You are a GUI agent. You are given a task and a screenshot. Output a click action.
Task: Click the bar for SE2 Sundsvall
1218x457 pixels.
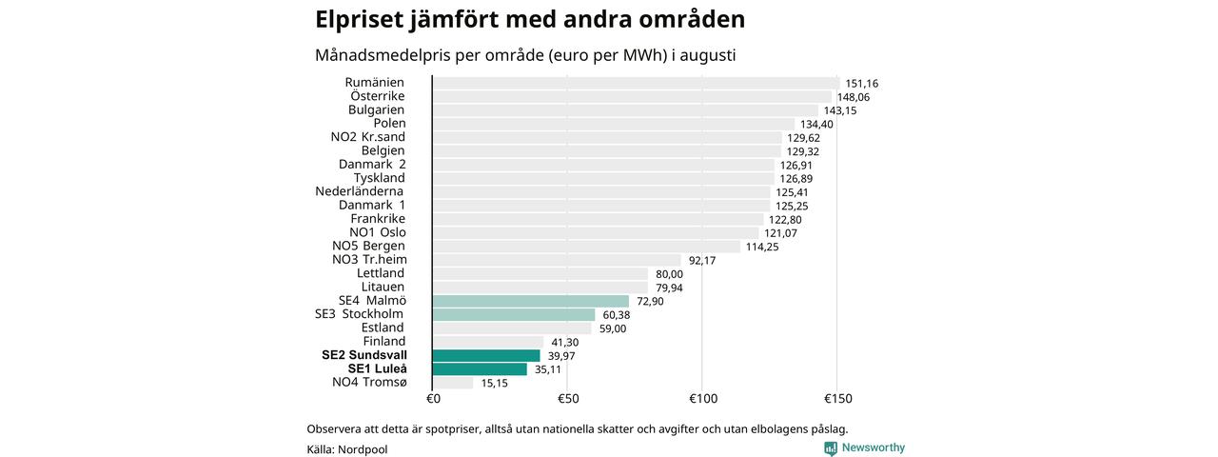[x=486, y=356]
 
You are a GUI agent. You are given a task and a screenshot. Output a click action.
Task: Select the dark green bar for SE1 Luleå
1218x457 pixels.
[x=480, y=369]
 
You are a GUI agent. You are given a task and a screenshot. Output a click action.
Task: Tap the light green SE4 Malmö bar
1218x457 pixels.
[x=531, y=302]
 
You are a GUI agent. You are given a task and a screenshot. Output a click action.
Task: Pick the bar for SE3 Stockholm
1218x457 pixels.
[x=514, y=315]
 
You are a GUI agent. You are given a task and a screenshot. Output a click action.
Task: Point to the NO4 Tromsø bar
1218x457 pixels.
[x=453, y=383]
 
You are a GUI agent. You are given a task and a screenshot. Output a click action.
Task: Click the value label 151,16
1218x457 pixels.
[x=862, y=84]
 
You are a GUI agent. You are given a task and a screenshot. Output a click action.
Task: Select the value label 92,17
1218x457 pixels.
[x=702, y=261]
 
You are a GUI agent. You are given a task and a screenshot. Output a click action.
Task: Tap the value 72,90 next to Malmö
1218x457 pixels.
[x=650, y=302]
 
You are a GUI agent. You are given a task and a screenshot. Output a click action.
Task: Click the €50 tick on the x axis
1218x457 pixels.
[x=568, y=399]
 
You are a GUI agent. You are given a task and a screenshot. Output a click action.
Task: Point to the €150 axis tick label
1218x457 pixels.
[x=838, y=399]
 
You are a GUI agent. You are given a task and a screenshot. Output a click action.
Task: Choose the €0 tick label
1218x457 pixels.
[x=433, y=399]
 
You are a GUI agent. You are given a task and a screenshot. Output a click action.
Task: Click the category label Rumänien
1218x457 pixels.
[x=375, y=82]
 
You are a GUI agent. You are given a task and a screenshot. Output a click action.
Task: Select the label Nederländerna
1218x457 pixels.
[x=360, y=191]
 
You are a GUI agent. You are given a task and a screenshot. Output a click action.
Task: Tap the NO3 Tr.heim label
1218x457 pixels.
[x=370, y=260]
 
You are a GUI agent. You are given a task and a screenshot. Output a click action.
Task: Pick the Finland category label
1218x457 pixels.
[x=384, y=341]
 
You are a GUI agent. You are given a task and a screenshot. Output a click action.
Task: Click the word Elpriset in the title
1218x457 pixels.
[x=360, y=20]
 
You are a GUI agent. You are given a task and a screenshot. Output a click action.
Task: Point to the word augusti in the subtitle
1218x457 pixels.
[x=707, y=55]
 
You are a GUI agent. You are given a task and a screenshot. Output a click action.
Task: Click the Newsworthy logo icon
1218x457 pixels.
[x=831, y=448]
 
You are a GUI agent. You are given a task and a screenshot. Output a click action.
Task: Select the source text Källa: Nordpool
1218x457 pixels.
[x=347, y=449]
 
